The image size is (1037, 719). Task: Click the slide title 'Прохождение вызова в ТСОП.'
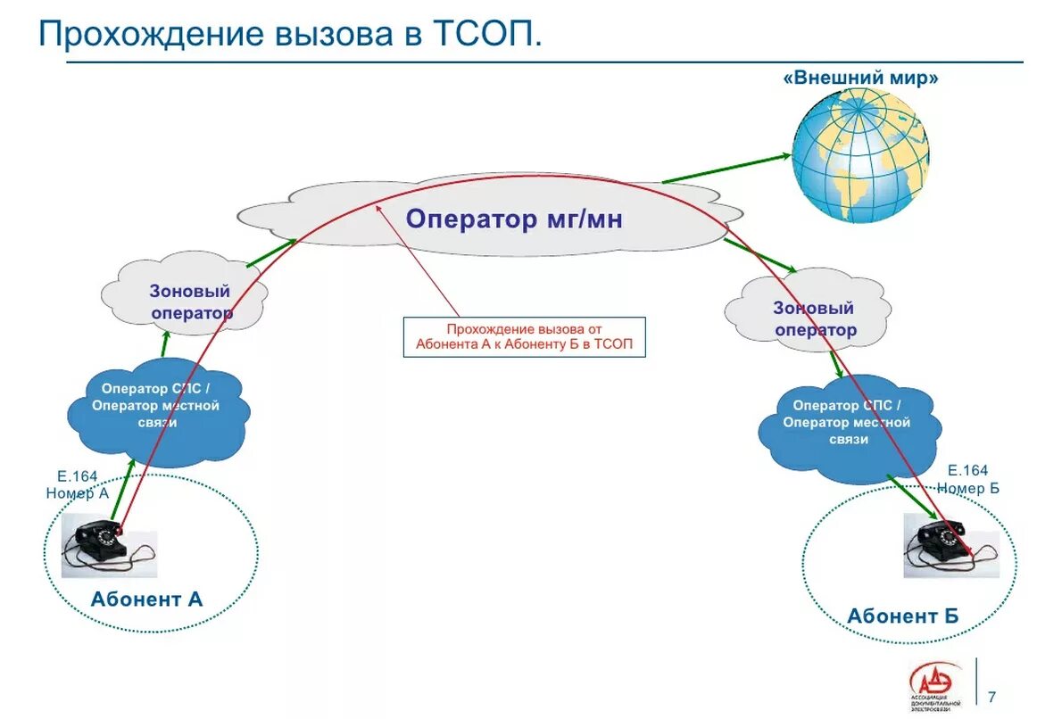289,35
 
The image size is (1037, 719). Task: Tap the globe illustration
861,159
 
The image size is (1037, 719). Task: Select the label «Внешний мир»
861,79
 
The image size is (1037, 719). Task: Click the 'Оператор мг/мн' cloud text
513,219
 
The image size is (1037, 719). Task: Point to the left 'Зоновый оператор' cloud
187,301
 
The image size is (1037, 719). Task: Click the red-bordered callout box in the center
524,336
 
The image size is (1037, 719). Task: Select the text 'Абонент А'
146,599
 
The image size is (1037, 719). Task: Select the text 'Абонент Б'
902,616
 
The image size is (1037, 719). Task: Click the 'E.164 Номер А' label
77,484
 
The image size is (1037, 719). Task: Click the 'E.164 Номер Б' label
967,479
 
